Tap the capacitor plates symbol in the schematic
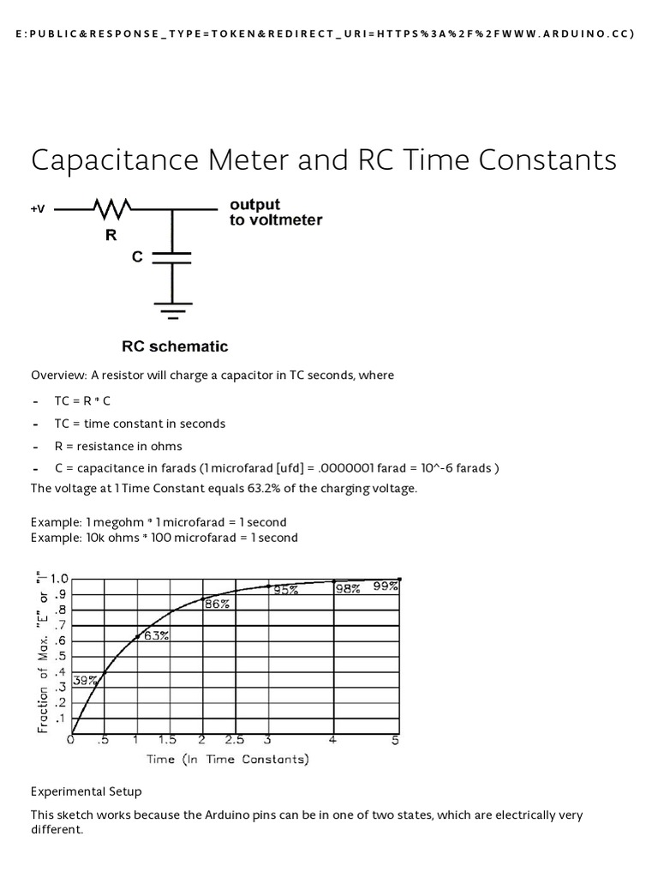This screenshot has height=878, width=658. pos(171,258)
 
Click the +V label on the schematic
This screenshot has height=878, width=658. pos(39,209)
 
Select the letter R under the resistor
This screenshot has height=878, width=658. pos(111,235)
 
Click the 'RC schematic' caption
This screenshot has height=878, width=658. pos(175,346)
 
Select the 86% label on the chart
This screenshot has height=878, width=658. pos(216,604)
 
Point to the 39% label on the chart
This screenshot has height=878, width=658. pos(85,680)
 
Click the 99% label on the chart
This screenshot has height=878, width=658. pos(385,586)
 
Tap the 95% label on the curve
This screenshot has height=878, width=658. pos(285,590)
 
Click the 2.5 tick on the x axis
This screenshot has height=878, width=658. pos(235,741)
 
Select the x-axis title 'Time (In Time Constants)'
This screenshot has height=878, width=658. pos(228,759)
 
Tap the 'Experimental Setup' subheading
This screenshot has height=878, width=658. pos(87,791)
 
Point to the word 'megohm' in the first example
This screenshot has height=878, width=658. pos(123,522)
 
